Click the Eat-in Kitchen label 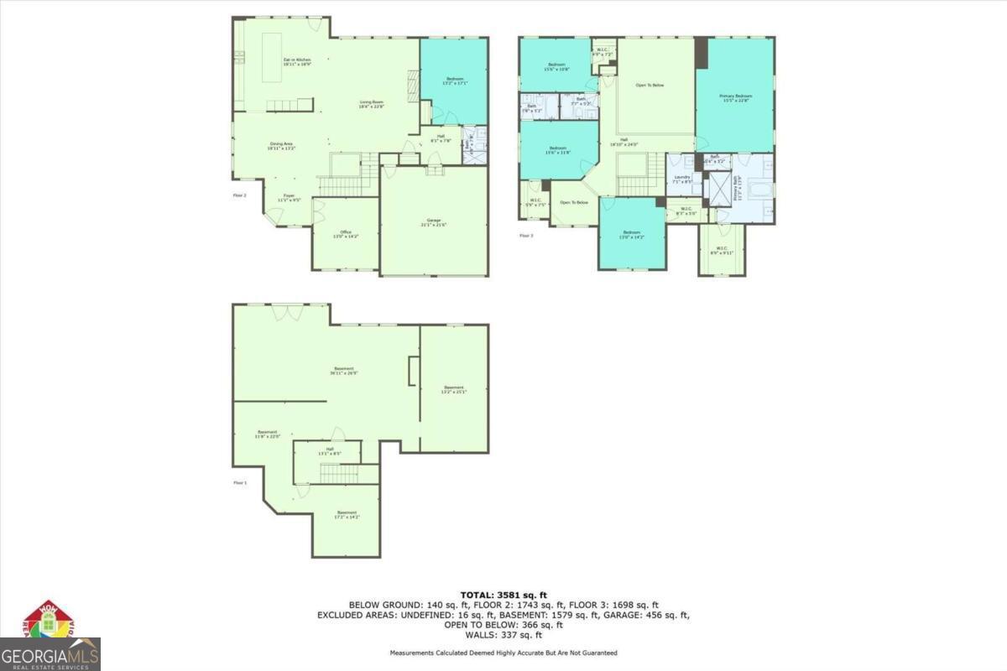pos(297,61)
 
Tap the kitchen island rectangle pos(272,57)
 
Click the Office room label pos(345,234)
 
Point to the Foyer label pos(289,197)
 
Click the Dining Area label pos(281,145)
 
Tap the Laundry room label pos(681,178)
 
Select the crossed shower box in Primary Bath pos(719,189)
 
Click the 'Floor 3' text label pos(526,236)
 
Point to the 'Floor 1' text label pos(240,483)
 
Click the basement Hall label pos(329,451)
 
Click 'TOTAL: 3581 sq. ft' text pos(503,595)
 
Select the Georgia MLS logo pos(50,637)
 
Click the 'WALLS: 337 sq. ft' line pos(503,634)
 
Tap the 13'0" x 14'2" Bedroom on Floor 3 pos(632,234)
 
